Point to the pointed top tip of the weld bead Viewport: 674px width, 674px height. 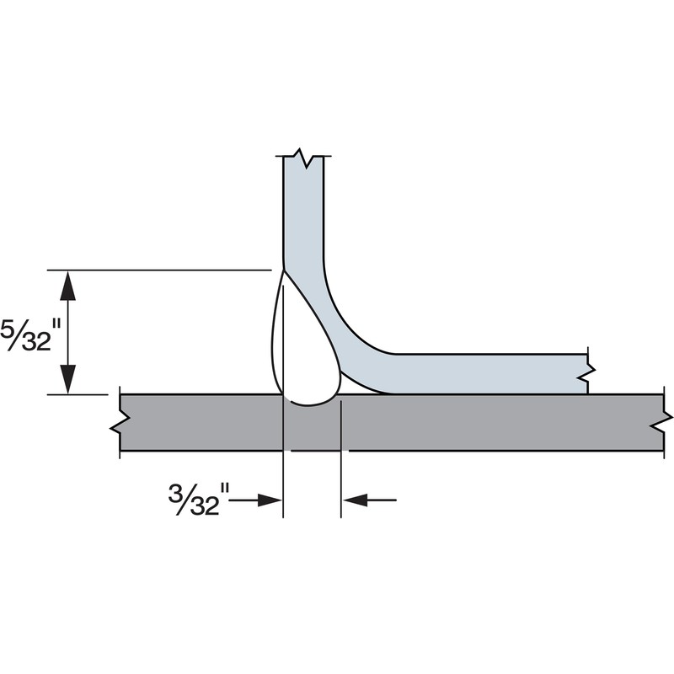[x=283, y=272]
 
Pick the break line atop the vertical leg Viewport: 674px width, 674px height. [x=303, y=158]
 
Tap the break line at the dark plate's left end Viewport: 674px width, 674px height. [x=119, y=421]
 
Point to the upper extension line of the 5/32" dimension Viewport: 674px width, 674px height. [x=160, y=270]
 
